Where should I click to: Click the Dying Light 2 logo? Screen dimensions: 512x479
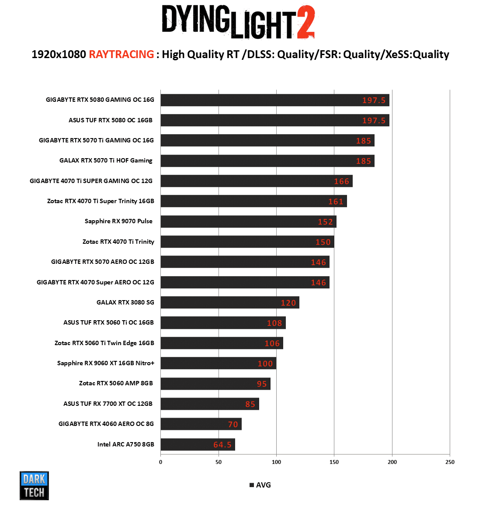(238, 22)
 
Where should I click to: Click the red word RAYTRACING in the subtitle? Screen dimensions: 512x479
(121, 55)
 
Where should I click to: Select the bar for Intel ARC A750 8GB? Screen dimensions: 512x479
(198, 444)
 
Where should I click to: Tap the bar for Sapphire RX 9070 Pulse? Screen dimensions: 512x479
(248, 221)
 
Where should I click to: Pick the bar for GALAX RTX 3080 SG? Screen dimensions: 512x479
(230, 302)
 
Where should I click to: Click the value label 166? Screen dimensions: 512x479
(341, 181)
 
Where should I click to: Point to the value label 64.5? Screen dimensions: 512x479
(222, 445)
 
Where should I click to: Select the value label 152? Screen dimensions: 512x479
(325, 222)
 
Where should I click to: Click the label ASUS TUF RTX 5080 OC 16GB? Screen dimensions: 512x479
(111, 120)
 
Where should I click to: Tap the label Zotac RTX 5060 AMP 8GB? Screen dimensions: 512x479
(116, 383)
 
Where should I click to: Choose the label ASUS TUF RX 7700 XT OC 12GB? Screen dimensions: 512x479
(108, 404)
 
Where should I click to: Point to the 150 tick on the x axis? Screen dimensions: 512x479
(334, 462)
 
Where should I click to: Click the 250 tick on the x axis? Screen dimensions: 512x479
(450, 462)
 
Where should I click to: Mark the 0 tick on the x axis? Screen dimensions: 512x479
(161, 462)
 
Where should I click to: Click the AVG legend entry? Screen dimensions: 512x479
(260, 485)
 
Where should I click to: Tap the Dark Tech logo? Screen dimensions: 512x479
(34, 485)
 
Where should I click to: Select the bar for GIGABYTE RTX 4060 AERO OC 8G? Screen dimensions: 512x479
(201, 424)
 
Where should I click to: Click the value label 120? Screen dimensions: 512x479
(288, 303)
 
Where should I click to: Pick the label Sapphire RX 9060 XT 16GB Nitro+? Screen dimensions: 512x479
(106, 363)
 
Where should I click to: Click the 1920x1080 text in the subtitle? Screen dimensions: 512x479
(59, 55)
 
